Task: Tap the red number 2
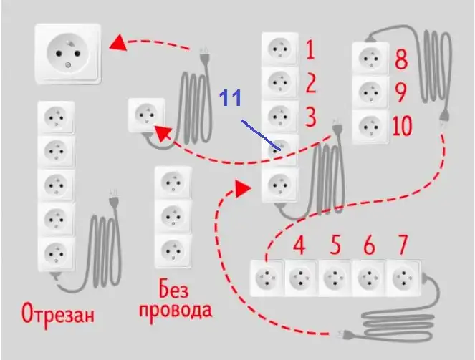[310, 84]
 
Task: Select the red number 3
[310, 115]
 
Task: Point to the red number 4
[299, 246]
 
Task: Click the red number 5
[335, 246]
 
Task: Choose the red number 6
[369, 246]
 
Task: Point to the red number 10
[402, 127]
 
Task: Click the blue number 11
[231, 98]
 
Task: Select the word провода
[175, 311]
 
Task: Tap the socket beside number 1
[279, 50]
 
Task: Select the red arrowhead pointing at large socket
[118, 44]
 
